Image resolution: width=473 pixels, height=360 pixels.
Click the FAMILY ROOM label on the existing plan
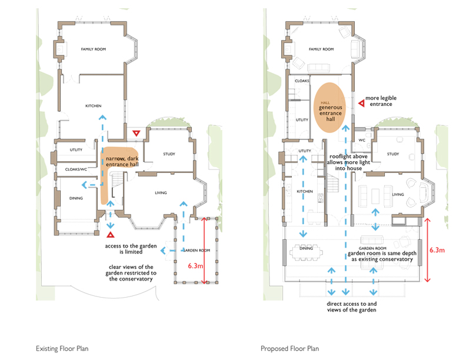[93, 49]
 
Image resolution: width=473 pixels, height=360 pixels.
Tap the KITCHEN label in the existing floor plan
[93, 106]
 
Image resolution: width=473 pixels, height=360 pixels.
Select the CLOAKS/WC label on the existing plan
[76, 169]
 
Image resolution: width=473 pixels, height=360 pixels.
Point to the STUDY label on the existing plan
[169, 154]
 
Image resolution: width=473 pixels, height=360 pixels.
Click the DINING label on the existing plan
[76, 198]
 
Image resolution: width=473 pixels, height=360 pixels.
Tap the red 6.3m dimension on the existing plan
[195, 266]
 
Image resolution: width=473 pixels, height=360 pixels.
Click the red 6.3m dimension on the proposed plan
[437, 250]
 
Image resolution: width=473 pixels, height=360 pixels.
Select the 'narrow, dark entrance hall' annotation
[122, 161]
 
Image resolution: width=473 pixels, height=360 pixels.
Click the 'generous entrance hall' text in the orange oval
[331, 113]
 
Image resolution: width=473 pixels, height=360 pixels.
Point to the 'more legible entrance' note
[381, 101]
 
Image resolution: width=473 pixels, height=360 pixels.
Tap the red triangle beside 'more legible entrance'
[361, 104]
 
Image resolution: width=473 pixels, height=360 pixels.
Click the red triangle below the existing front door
[111, 235]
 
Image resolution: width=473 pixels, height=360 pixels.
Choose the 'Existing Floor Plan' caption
[62, 349]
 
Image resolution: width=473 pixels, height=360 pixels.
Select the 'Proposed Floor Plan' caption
[290, 349]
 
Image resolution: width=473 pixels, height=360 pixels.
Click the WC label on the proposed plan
[362, 140]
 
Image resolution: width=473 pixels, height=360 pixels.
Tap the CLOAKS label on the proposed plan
[302, 81]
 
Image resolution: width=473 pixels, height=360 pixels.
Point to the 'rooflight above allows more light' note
[348, 162]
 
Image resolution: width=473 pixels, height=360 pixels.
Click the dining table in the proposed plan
[306, 251]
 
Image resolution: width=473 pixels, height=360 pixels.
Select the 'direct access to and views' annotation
[352, 306]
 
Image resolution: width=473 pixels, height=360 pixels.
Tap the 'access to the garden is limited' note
[131, 249]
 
